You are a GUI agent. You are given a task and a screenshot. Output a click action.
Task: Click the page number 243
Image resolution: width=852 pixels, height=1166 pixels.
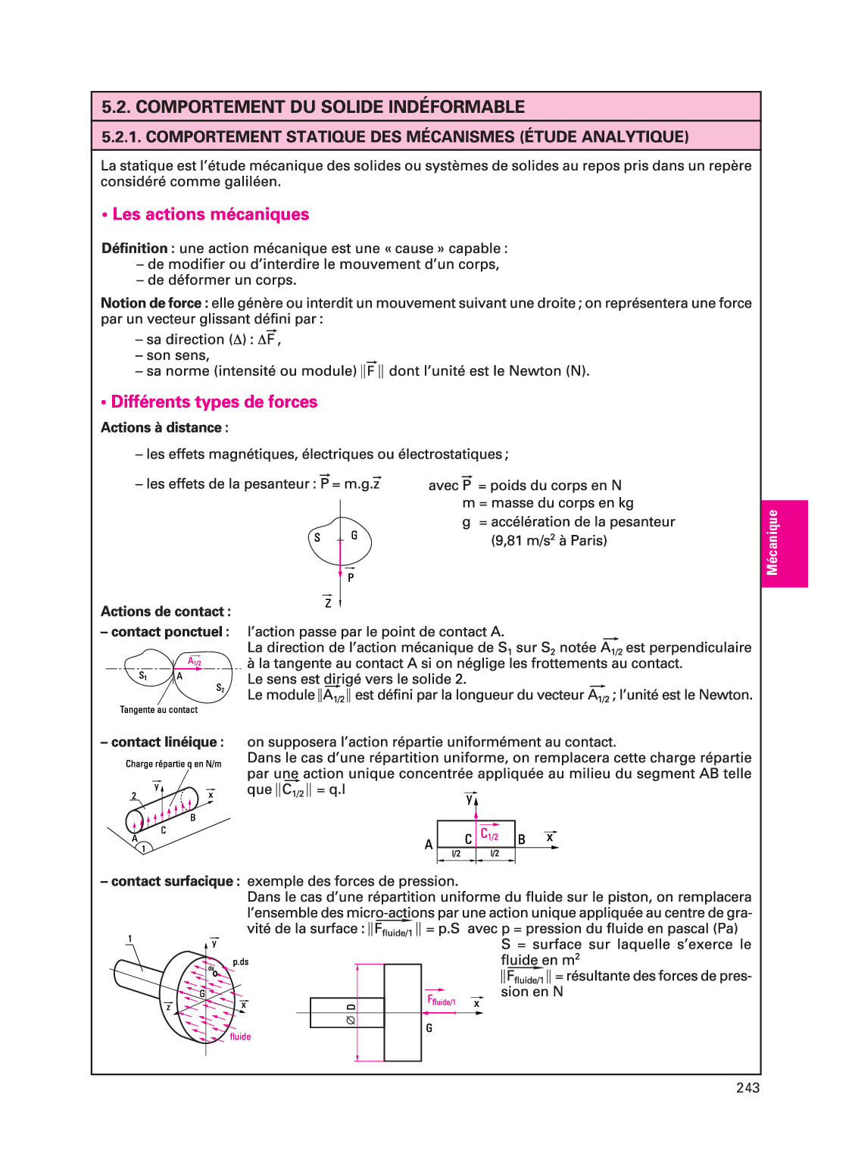tap(747, 1087)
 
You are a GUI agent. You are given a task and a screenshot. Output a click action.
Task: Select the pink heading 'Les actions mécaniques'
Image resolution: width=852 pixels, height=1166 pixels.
tap(211, 214)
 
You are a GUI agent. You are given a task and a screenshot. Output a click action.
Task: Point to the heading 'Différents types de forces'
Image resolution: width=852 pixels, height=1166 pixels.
tap(214, 402)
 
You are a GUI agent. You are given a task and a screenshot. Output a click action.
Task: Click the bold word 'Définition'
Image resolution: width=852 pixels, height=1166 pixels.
tap(135, 249)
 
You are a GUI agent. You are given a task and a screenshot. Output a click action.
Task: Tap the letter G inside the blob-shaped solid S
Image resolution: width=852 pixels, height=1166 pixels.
tap(354, 536)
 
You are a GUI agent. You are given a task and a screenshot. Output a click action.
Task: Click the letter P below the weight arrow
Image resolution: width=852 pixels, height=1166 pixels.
tap(351, 577)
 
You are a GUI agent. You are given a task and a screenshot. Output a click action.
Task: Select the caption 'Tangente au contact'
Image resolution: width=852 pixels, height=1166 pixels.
tap(158, 710)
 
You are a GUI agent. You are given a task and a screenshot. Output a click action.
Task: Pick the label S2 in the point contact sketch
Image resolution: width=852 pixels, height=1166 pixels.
tap(220, 688)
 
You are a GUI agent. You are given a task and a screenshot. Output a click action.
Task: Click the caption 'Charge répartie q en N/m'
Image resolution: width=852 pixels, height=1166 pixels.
tap(173, 764)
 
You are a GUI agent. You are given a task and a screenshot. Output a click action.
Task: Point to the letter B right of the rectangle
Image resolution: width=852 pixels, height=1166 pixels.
tap(522, 839)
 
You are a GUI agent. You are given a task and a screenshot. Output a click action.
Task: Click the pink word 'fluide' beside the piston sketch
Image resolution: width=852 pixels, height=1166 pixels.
tap(240, 1036)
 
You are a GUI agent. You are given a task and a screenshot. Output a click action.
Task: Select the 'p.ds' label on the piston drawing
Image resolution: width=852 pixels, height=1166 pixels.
tap(241, 962)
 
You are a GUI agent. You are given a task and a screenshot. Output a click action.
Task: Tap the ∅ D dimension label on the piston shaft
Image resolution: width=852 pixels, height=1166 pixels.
tap(351, 1013)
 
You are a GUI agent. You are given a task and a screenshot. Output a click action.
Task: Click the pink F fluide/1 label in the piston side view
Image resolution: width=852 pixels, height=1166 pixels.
tap(441, 1001)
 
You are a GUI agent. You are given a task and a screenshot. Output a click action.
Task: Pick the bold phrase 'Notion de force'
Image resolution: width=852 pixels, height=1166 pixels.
tap(151, 303)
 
